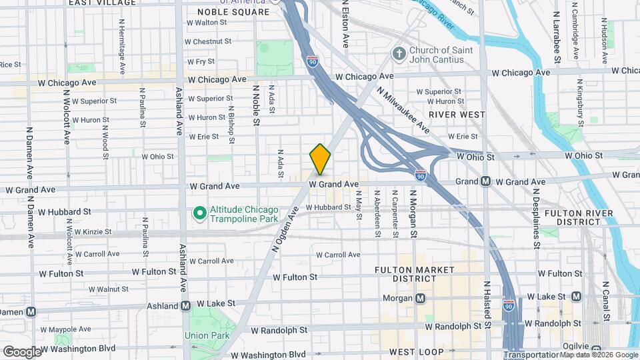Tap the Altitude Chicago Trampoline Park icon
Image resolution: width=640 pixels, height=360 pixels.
click(199, 213)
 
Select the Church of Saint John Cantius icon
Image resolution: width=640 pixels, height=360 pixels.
click(399, 55)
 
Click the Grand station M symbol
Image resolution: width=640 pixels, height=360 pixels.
click(485, 181)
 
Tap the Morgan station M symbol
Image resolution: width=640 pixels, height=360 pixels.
click(420, 298)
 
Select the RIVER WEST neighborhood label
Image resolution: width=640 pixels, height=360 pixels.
click(457, 115)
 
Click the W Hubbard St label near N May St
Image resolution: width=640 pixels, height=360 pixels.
click(328, 207)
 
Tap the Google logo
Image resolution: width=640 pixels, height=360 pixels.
click(22, 351)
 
